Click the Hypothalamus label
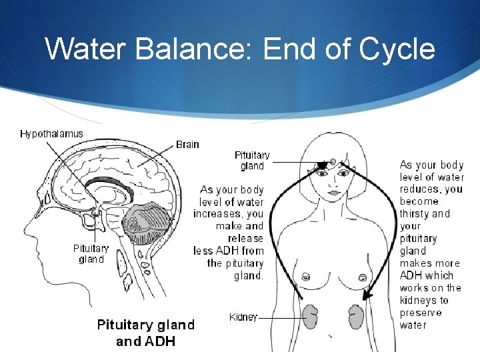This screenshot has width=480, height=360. coord(51,133)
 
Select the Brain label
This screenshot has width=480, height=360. coord(187,144)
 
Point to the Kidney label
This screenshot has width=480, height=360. coord(243,317)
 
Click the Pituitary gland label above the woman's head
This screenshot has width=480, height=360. coord(252,161)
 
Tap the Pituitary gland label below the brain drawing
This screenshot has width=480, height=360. coord(91,254)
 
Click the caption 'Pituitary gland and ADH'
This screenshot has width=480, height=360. coord(146,333)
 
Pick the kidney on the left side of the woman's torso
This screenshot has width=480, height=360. coord(310,317)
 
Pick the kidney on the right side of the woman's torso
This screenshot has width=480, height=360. coord(356,317)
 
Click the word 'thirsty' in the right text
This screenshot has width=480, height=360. coord(415,214)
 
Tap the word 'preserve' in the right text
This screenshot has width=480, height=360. coord(421,313)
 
